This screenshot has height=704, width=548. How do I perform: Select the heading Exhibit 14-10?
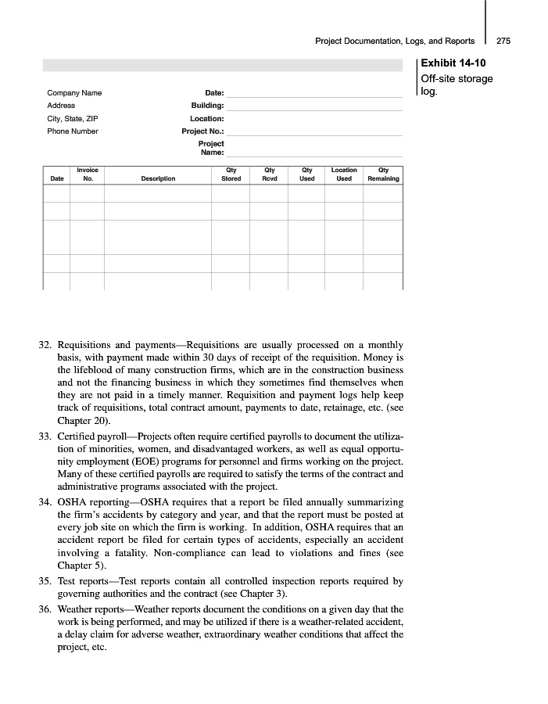click(x=453, y=63)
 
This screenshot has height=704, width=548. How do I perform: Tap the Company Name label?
click(x=74, y=93)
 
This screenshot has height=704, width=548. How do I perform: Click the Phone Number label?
click(x=73, y=131)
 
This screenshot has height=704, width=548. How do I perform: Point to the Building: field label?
click(x=207, y=106)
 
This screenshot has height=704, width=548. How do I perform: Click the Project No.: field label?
click(x=202, y=131)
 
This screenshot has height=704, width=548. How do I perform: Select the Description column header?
click(x=159, y=179)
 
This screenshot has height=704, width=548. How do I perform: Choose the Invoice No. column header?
click(x=88, y=174)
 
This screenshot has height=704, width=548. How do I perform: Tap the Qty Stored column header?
click(x=231, y=174)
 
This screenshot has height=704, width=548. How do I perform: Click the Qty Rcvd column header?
click(x=270, y=174)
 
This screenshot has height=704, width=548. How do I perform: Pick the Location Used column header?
click(x=344, y=174)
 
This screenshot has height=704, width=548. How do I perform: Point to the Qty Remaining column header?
click(x=383, y=174)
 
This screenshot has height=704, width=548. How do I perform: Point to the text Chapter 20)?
click(x=80, y=420)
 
